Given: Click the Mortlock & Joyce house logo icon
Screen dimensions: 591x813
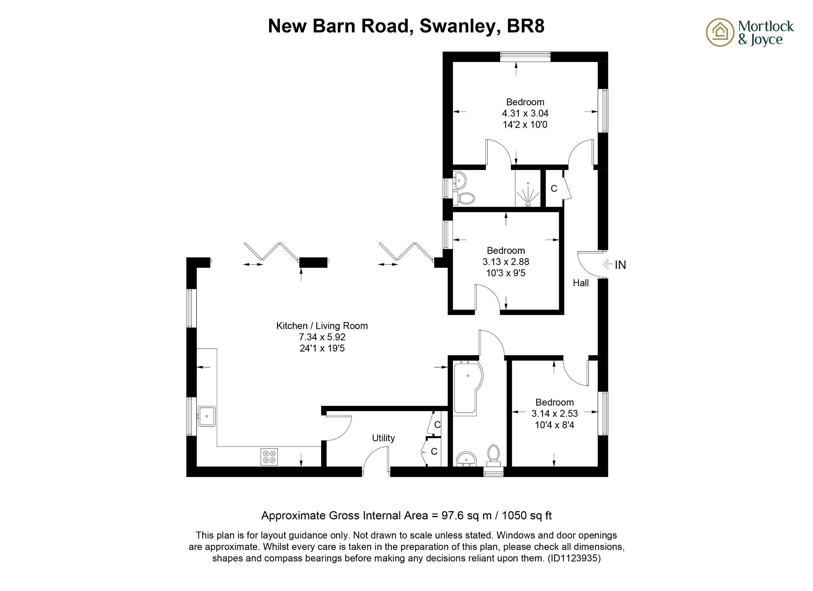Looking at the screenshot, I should point(720,32).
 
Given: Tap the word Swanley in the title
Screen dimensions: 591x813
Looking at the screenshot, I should point(457,26).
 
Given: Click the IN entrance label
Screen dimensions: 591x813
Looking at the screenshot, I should point(620,265).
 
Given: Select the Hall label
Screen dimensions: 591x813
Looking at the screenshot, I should point(580,283).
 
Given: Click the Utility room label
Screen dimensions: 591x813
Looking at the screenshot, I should point(383,438).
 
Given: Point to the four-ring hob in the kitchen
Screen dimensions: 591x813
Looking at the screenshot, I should point(269,456).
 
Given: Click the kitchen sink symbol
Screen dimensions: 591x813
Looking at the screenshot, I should point(206,416).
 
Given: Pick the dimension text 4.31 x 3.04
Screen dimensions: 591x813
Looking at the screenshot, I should point(525,114).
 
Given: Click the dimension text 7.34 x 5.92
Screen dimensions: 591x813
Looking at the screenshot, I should point(322,337).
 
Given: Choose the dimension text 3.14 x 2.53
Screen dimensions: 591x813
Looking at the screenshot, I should point(554,414).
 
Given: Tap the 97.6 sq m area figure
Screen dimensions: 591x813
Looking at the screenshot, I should point(466,516).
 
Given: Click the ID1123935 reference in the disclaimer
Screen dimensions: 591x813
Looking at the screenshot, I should point(574,558).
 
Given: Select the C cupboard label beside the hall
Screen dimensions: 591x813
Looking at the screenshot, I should point(554,189).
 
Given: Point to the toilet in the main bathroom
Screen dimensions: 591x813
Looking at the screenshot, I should point(493,454).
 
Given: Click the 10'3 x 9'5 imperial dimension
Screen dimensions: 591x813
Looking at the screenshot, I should point(505,273).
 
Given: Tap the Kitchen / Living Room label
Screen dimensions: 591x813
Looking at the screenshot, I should point(322,326).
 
